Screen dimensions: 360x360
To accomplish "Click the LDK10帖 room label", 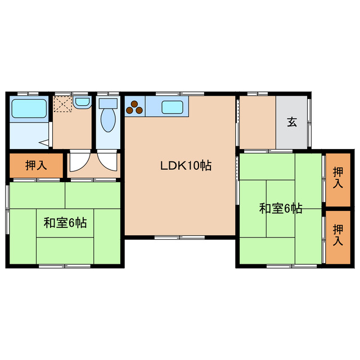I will [x=186, y=166].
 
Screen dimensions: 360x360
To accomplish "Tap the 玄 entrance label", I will [x=292, y=121].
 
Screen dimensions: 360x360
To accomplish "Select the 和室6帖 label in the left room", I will [x=65, y=222].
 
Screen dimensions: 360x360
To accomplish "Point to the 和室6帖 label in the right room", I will [x=281, y=209].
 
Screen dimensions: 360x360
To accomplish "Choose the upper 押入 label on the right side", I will [x=337, y=177].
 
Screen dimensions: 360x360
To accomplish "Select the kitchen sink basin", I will [x=172, y=107].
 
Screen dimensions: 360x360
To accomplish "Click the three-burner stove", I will [x=135, y=107].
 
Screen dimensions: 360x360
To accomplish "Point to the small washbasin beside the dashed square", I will [x=82, y=102].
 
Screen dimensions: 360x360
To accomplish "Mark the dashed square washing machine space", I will [x=62, y=105].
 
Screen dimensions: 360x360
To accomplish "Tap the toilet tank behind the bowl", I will [x=106, y=103].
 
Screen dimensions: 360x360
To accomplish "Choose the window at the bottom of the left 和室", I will [x=65, y=265].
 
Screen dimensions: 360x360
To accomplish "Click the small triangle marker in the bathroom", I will [x=43, y=143].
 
